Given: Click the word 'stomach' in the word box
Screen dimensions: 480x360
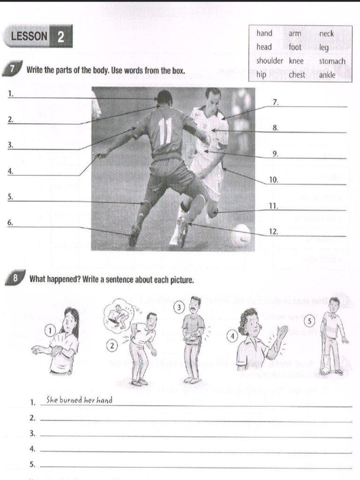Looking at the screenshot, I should (332, 61).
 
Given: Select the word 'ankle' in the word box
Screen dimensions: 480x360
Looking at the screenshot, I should (327, 75).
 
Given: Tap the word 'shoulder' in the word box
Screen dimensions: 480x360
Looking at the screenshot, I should (270, 61).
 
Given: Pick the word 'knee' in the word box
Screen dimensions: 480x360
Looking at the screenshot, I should (296, 61).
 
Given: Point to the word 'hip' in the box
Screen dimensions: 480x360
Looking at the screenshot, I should (261, 75).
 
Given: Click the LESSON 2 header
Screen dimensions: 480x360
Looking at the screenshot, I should (37, 37).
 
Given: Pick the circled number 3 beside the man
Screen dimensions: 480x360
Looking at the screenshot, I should (179, 307).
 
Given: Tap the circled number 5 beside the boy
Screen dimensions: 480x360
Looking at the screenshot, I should (309, 321).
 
